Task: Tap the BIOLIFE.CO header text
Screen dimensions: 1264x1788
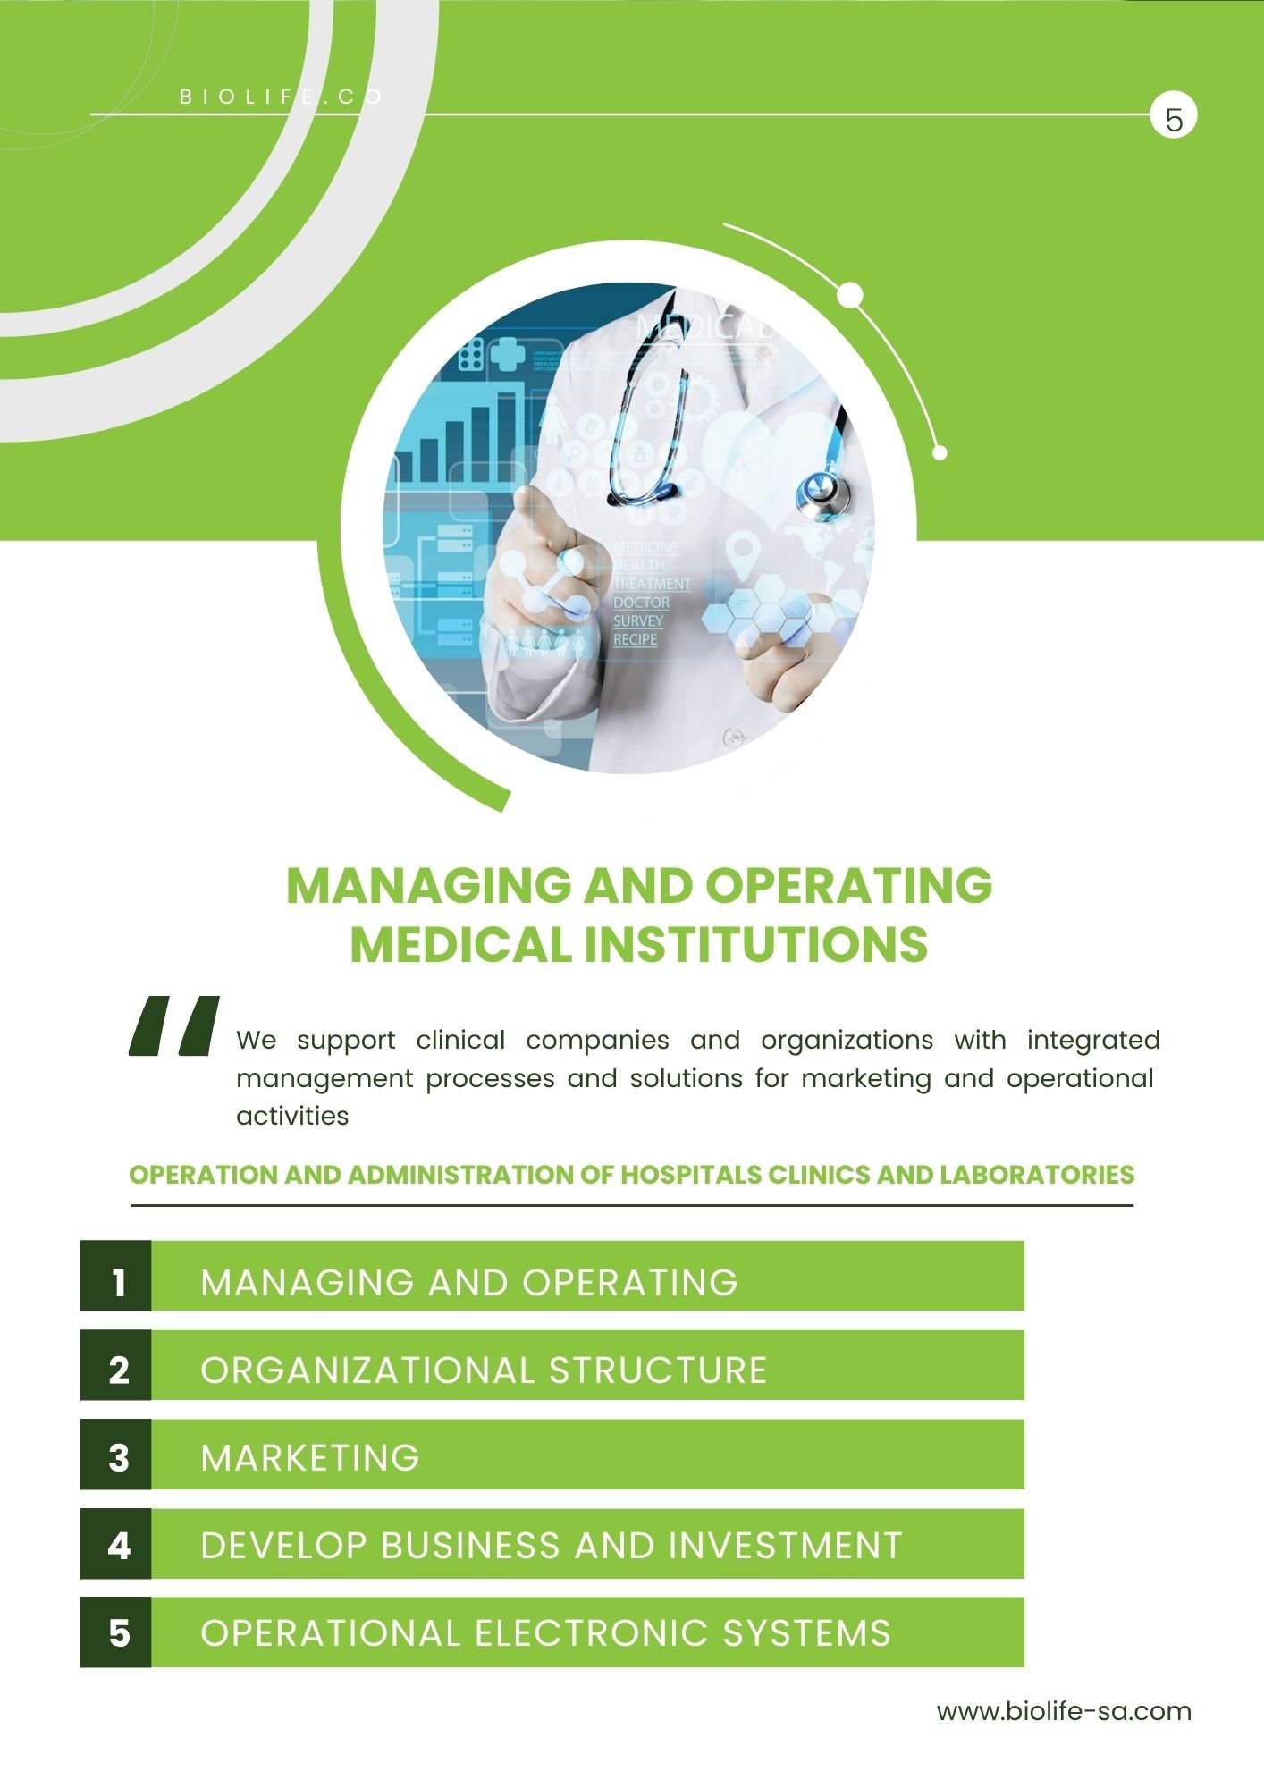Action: pyautogui.click(x=282, y=97)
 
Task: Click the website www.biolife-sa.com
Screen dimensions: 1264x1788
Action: pyautogui.click(x=1064, y=1711)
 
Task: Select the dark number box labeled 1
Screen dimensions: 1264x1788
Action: pyautogui.click(x=116, y=1276)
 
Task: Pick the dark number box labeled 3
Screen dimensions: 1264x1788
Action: pyautogui.click(x=116, y=1454)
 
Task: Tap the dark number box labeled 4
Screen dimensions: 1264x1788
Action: pyautogui.click(x=116, y=1543)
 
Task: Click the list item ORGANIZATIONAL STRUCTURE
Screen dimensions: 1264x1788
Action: pyautogui.click(x=484, y=1370)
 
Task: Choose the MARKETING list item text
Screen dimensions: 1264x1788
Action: pyautogui.click(x=310, y=1458)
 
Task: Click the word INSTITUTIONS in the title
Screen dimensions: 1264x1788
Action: pyautogui.click(x=756, y=944)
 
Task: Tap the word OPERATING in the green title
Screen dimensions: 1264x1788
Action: pyautogui.click(x=848, y=885)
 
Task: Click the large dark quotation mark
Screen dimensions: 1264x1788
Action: pyautogui.click(x=174, y=1025)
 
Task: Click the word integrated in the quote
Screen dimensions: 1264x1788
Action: pyautogui.click(x=1093, y=1042)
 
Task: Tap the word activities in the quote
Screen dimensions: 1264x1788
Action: pyautogui.click(x=292, y=1116)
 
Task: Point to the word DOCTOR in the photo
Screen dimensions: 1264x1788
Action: pyautogui.click(x=641, y=603)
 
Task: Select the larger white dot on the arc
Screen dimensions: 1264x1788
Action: pyautogui.click(x=850, y=294)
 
